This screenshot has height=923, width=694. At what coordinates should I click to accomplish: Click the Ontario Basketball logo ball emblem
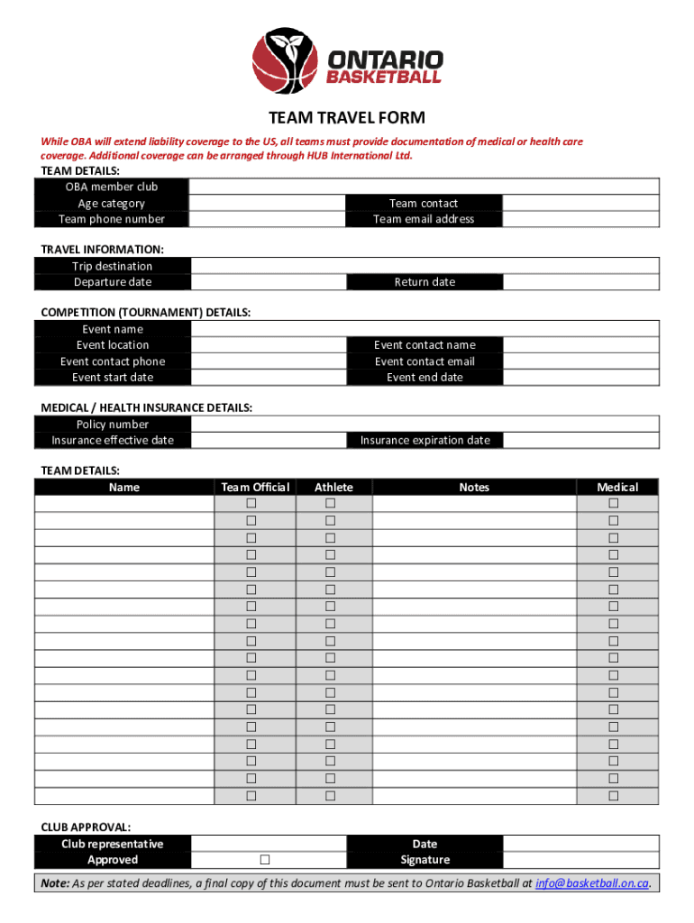(x=284, y=59)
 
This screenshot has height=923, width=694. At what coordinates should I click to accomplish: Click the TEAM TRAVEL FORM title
(x=347, y=118)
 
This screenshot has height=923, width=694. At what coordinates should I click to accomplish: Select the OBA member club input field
(x=424, y=187)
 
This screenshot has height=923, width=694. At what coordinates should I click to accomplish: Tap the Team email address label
(x=424, y=219)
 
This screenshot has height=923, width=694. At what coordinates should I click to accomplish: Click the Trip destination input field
(x=424, y=266)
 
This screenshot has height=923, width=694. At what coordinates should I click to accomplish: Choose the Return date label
(x=425, y=282)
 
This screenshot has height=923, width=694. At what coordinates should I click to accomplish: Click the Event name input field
(x=424, y=329)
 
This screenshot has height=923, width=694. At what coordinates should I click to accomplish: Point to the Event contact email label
(x=425, y=361)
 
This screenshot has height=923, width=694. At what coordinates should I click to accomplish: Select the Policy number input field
(x=424, y=425)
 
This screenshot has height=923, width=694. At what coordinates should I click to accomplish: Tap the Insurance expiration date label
(x=425, y=441)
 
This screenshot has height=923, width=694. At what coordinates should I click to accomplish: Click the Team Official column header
(x=255, y=488)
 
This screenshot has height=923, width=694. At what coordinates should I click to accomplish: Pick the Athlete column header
(x=333, y=488)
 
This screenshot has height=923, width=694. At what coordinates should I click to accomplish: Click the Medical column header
(x=617, y=488)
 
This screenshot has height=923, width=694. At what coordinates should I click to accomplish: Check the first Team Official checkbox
(x=251, y=503)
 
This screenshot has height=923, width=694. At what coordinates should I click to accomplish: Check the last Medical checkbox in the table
(x=614, y=796)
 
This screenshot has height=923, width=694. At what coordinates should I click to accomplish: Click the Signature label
(x=425, y=860)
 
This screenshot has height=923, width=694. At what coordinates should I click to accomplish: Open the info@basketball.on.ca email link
(x=591, y=883)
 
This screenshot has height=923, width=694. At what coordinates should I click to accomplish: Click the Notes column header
(x=474, y=488)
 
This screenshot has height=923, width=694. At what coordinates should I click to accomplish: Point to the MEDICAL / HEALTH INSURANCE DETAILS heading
(x=147, y=407)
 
